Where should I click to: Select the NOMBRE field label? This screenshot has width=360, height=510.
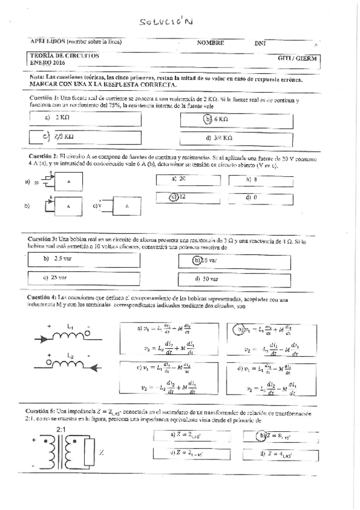[210, 43]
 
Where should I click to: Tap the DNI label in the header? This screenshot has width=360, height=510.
[260, 43]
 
